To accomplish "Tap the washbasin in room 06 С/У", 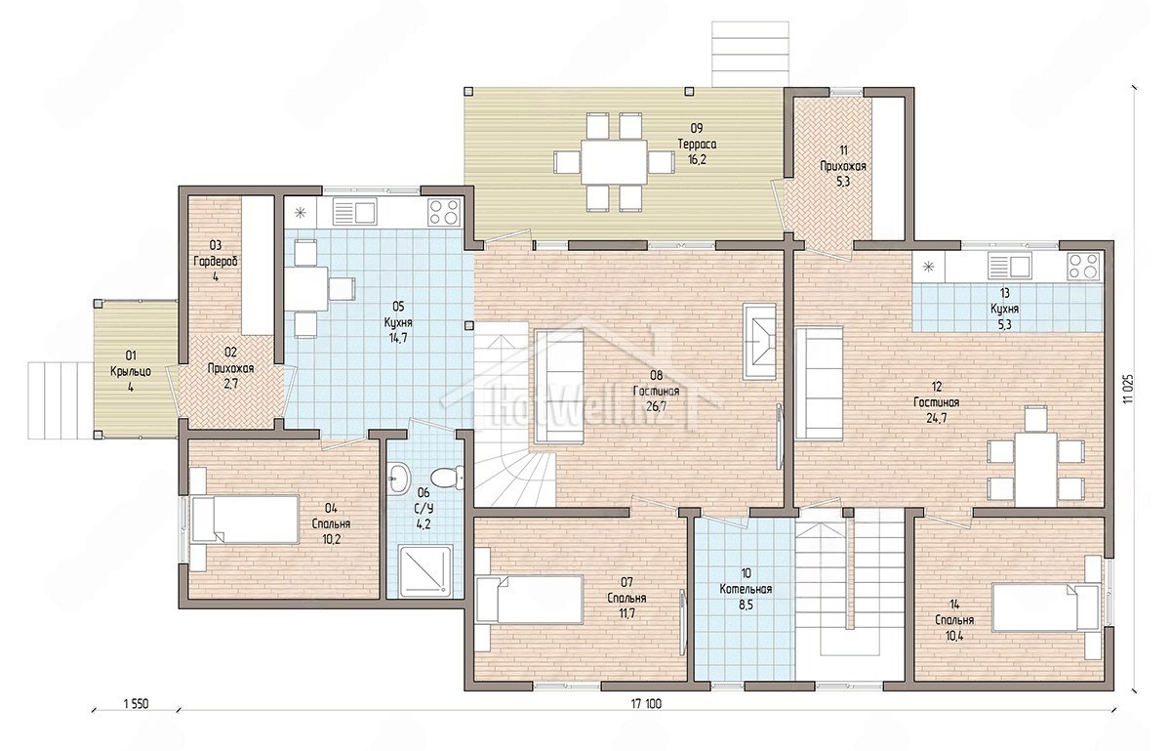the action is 400,478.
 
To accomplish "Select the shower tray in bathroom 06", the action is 425,571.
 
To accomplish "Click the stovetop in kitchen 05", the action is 444,212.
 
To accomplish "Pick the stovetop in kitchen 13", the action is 1084,266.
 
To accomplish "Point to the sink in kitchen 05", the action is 354,211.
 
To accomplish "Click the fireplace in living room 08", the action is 759,341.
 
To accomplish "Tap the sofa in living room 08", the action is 559,386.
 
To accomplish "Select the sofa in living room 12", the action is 819,383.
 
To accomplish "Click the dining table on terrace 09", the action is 614,161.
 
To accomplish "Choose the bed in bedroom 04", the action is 245,520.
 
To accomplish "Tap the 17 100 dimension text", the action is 646,704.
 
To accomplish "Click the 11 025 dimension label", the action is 1127,389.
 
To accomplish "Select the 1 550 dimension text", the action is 136,704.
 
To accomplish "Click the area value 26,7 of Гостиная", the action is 657,406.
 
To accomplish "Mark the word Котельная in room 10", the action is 746,589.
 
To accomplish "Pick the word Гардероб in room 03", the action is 216,261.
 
